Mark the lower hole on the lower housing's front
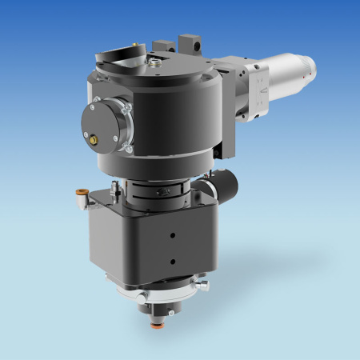[x=171, y=260]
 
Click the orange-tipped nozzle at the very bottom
[x=156, y=326]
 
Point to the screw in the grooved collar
[x=165, y=192]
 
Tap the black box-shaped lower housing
[x=152, y=240]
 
